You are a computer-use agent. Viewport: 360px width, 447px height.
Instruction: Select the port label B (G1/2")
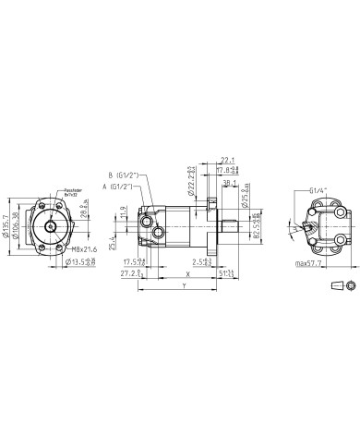128,175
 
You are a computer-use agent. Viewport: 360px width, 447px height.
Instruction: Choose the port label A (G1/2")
126,187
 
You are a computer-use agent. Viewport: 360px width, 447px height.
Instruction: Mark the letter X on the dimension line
187,274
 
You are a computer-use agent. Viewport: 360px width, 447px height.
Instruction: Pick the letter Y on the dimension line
185,286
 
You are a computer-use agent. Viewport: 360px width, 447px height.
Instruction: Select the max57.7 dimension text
312,264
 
